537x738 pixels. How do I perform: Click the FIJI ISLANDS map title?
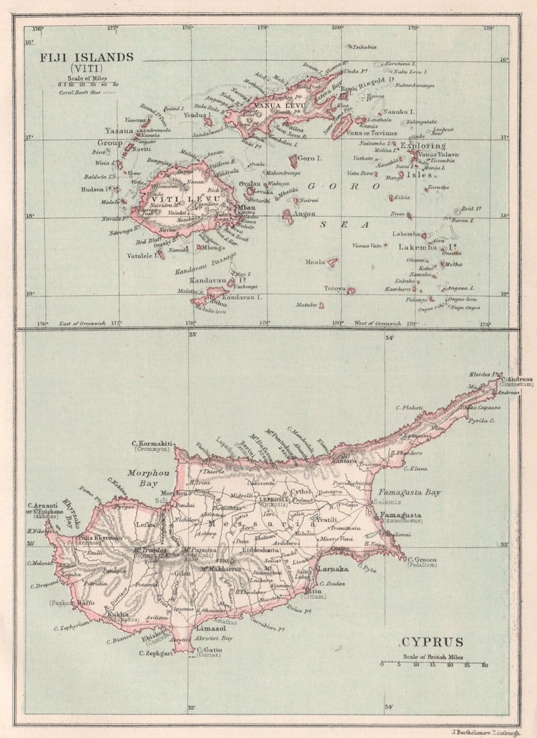pyautogui.click(x=87, y=57)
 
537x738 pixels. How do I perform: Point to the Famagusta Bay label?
pyautogui.click(x=409, y=492)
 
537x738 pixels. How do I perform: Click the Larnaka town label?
pyautogui.click(x=332, y=569)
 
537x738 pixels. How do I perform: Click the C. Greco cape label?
pyautogui.click(x=422, y=560)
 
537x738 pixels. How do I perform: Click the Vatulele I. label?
pyautogui.click(x=141, y=256)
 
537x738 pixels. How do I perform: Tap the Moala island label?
pyautogui.click(x=315, y=262)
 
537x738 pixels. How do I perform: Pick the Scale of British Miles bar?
pyautogui.click(x=434, y=664)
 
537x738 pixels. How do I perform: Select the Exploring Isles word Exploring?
pyautogui.click(x=422, y=146)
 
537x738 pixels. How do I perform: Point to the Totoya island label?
pyautogui.click(x=334, y=288)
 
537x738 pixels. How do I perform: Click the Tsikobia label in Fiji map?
pyautogui.click(x=364, y=47)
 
